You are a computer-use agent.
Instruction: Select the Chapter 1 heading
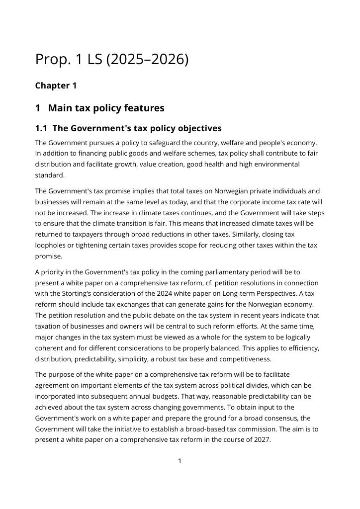pos(56,85)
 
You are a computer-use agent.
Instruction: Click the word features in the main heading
pos(142,108)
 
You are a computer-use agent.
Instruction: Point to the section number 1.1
pos(41,128)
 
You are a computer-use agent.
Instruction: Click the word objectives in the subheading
pos(195,128)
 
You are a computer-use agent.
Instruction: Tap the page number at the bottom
pos(180,461)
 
